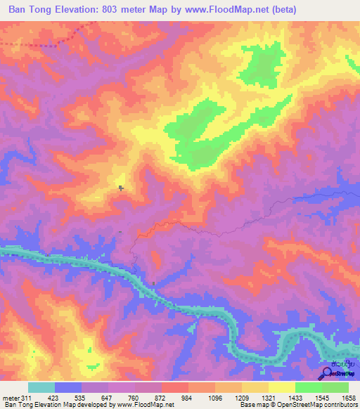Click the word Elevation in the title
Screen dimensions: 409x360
[x=74, y=10]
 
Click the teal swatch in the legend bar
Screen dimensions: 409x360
[x=41, y=387]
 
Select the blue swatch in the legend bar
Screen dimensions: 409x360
[x=68, y=387]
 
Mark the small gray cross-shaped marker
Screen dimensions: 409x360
[x=121, y=188]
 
